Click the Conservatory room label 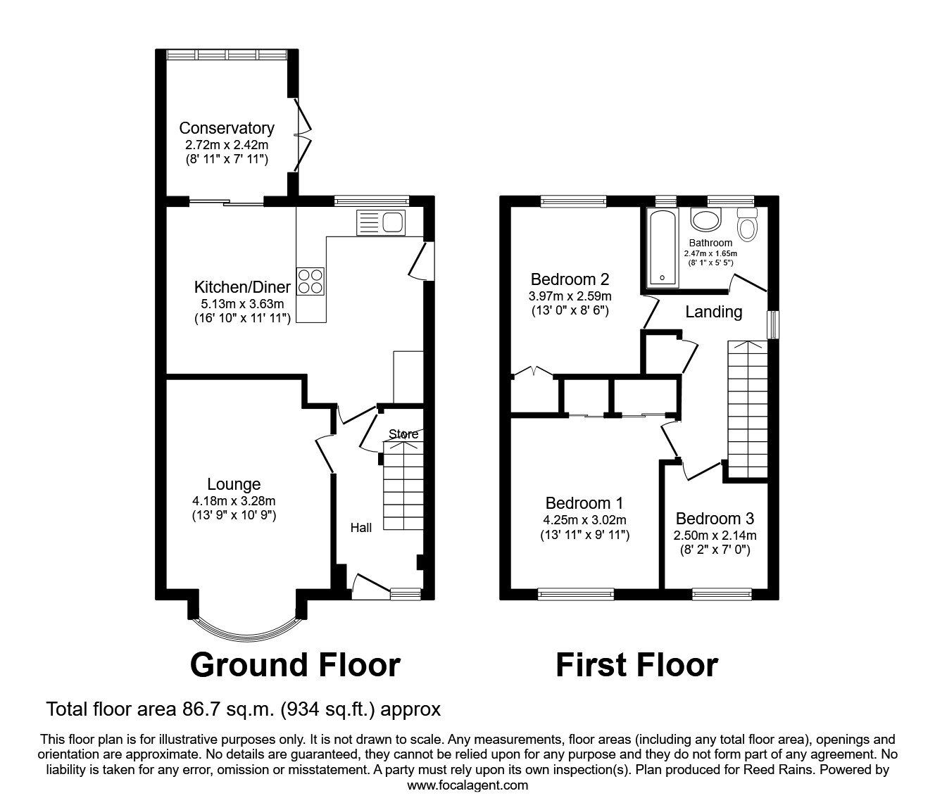tap(226, 128)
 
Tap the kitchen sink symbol tap(381, 223)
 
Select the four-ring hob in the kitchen tap(312, 281)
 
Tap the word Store tap(403, 434)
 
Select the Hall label tap(361, 527)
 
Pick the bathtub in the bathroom tap(661, 248)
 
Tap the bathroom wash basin tap(703, 220)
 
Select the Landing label tap(714, 312)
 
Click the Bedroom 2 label tap(570, 278)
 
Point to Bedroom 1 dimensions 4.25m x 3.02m tap(585, 520)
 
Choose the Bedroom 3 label tap(715, 519)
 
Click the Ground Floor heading tap(295, 665)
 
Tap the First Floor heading tap(636, 665)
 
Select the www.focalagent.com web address tap(467, 785)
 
